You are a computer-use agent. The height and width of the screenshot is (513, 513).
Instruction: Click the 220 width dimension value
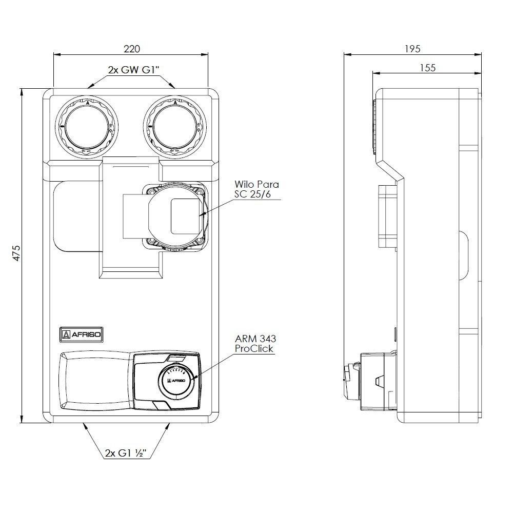coord(132,49)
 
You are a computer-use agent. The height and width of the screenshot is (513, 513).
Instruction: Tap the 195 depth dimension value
coord(412,49)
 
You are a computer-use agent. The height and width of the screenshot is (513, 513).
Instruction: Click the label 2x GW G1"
coord(132,70)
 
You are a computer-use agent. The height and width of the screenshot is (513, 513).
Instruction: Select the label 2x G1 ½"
coord(126,453)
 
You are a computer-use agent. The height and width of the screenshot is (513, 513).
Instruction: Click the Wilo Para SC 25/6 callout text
coord(256,189)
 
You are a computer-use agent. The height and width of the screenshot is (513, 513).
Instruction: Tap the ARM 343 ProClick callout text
coord(255,344)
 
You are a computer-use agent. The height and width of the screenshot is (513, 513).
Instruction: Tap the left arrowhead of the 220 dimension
coord(55,53)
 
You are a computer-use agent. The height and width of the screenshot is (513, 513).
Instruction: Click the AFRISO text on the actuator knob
coord(177,381)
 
